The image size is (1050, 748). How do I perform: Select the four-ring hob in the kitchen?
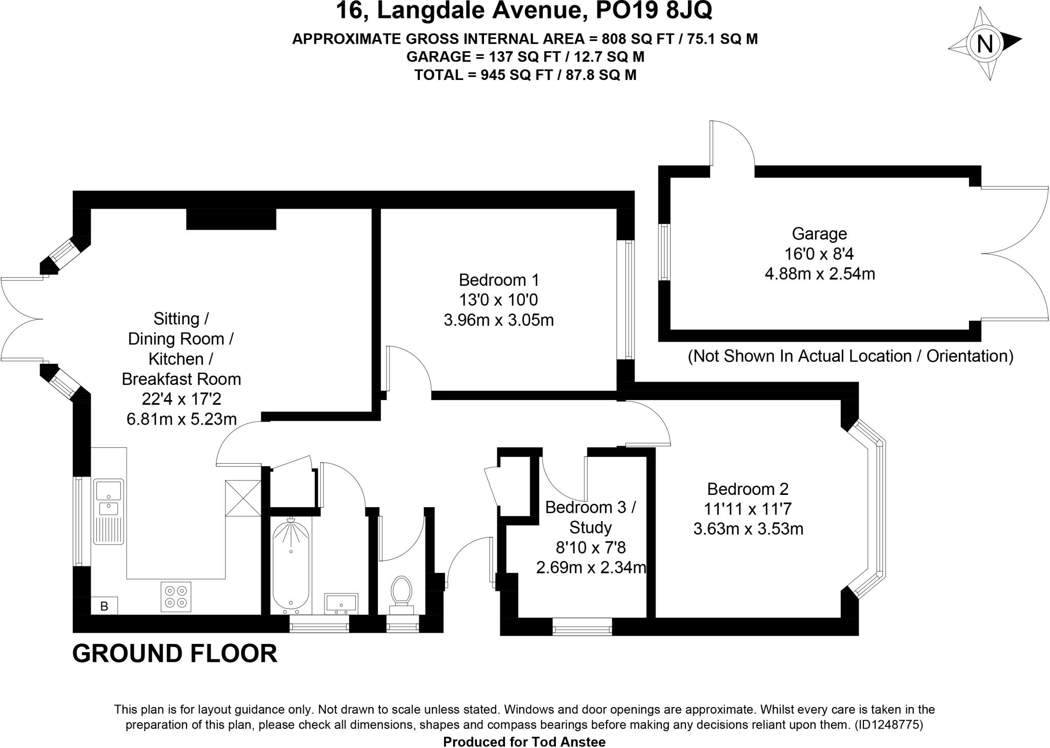click(176, 596)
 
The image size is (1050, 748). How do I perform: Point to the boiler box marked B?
click(105, 606)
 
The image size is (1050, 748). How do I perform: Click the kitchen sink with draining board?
click(108, 511)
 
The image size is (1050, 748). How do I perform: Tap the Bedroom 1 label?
click(498, 280)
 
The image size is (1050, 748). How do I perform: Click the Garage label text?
click(819, 234)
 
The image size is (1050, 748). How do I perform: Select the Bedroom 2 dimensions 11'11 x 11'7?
click(748, 509)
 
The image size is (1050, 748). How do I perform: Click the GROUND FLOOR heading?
click(175, 654)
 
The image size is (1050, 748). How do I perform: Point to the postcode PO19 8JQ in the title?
click(654, 11)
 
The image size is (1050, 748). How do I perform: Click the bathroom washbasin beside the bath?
click(341, 603)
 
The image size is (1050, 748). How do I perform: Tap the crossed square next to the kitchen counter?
click(243, 498)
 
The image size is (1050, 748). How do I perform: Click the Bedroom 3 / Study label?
click(590, 517)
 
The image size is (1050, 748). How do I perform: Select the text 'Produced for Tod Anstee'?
click(524, 742)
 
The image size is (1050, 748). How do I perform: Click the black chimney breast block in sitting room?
click(231, 219)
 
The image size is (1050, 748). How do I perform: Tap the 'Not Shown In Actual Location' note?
click(850, 356)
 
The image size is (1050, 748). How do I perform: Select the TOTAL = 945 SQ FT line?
click(525, 75)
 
